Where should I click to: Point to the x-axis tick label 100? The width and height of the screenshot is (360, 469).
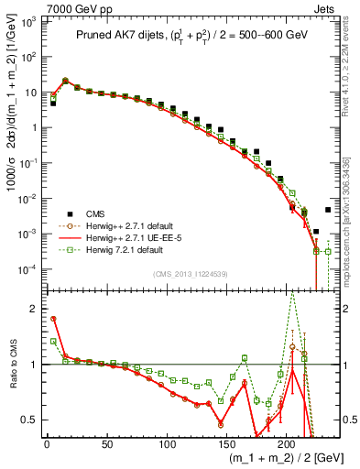click(x=167, y=444)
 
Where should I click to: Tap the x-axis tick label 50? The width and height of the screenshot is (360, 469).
click(x=106, y=444)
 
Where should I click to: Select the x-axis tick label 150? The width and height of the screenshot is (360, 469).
click(x=226, y=444)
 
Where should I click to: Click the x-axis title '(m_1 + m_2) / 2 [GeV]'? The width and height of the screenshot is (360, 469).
click(x=276, y=459)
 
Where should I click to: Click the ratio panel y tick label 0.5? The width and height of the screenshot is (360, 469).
click(x=31, y=420)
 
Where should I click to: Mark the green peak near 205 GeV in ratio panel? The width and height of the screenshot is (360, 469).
click(x=292, y=291)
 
